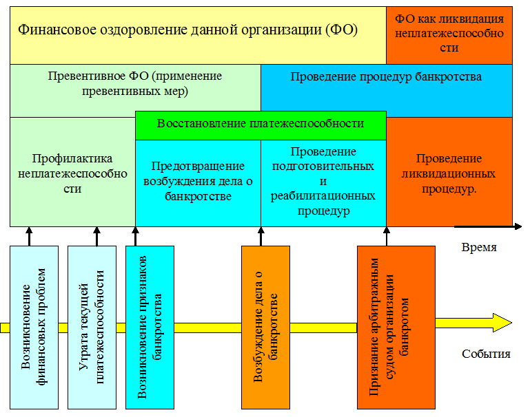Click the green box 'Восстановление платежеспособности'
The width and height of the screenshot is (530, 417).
point(261,125)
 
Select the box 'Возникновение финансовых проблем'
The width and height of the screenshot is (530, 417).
point(34,328)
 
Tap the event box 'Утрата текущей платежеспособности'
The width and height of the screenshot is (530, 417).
point(92,328)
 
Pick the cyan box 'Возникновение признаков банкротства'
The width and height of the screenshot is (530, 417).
point(150,328)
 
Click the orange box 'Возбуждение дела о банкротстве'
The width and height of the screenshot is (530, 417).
point(265,328)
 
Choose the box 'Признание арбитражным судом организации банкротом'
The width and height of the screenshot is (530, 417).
point(396,328)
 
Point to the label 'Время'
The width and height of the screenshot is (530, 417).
point(479,247)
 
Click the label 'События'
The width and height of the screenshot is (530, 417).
point(486,354)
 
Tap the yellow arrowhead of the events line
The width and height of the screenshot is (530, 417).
point(502,323)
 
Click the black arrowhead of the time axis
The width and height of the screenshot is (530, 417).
point(518,226)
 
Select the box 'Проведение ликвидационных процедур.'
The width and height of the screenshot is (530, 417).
point(449,172)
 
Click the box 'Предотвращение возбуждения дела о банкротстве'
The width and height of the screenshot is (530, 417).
point(198,183)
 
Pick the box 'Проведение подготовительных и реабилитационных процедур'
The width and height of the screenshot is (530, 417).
point(323,183)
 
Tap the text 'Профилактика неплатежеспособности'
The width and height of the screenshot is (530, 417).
point(72,173)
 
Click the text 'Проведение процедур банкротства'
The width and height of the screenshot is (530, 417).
point(386,76)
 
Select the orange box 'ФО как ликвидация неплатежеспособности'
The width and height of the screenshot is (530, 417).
point(449,35)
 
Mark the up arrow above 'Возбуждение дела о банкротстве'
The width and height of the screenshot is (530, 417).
point(261,236)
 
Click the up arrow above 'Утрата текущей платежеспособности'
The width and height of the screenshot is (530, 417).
point(96,236)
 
